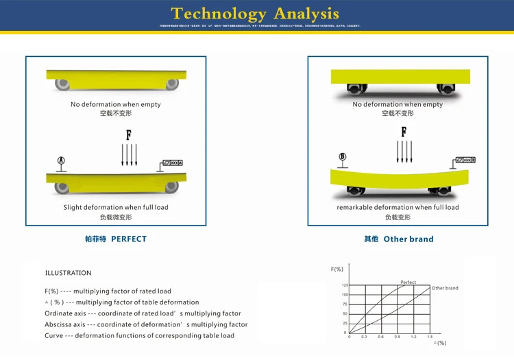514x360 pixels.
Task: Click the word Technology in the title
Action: click(x=218, y=14)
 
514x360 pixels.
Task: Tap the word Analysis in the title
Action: click(x=306, y=14)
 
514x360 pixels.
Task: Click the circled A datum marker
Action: click(x=61, y=160)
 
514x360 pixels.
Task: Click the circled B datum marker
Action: click(x=343, y=158)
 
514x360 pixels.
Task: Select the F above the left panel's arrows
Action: click(x=128, y=134)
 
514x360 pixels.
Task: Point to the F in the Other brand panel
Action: click(x=404, y=130)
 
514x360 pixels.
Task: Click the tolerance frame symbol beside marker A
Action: click(x=171, y=163)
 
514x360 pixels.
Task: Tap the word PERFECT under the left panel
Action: click(x=129, y=239)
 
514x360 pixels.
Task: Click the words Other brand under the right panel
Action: click(x=408, y=239)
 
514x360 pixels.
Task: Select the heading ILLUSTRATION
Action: click(x=68, y=273)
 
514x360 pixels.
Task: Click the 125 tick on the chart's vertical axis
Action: click(x=345, y=285)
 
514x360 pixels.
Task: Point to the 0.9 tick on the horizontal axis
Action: click(x=397, y=337)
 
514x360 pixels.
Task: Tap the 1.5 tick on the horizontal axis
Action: click(x=429, y=337)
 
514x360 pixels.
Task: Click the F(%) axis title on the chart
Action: click(x=337, y=269)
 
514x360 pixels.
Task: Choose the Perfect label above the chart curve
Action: click(x=408, y=283)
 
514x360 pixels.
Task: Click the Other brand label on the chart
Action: click(x=445, y=288)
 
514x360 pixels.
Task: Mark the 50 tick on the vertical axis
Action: click(x=345, y=313)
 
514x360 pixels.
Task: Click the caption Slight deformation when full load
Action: click(x=116, y=207)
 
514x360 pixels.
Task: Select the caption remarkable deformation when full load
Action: click(x=397, y=207)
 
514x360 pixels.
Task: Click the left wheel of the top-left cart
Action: click(x=62, y=84)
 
